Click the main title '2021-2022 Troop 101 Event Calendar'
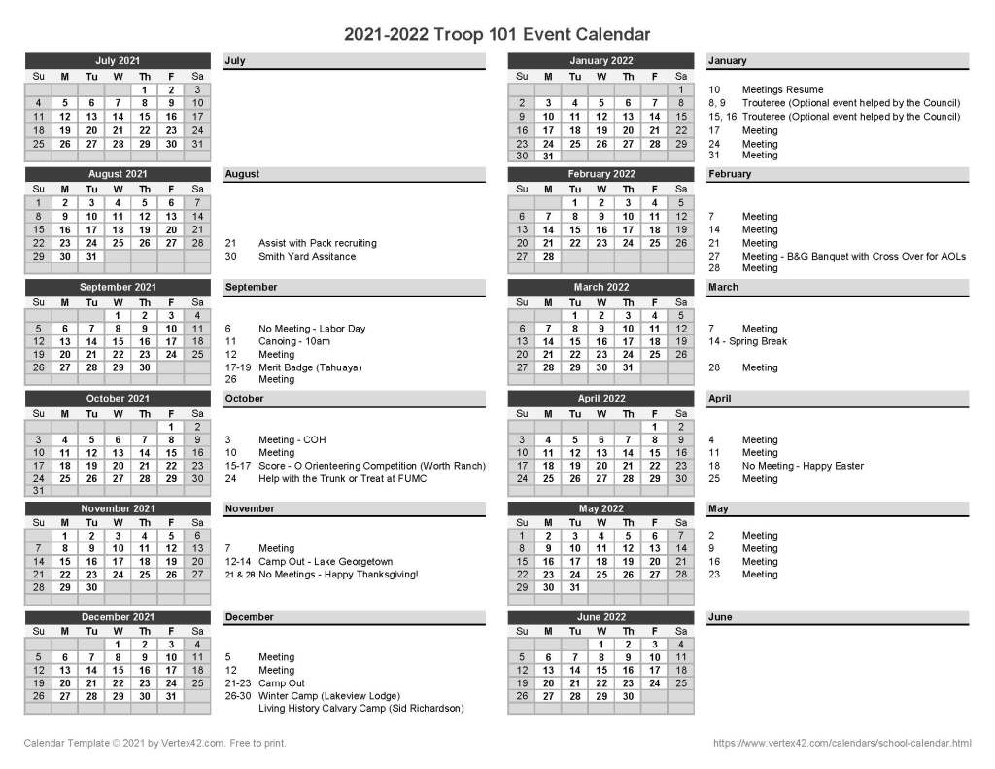click(497, 34)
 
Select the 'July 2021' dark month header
click(118, 61)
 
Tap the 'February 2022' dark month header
click(601, 174)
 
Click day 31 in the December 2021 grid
click(171, 696)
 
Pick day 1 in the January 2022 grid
click(681, 90)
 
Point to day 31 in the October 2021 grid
click(38, 491)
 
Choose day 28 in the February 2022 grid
click(548, 257)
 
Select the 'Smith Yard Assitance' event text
click(307, 257)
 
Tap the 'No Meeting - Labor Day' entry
click(312, 329)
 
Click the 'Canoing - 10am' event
click(293, 342)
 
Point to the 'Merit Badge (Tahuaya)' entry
click(309, 367)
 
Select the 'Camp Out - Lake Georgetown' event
click(325, 562)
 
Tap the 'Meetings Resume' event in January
click(782, 90)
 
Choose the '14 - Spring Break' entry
click(747, 342)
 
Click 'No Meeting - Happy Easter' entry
click(803, 466)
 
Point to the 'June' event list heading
click(720, 617)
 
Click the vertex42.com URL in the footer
click(841, 744)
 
